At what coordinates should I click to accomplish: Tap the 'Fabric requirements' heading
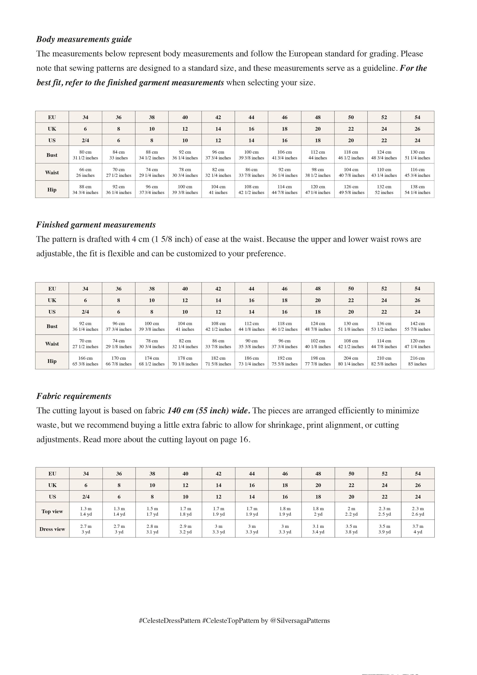(74, 396)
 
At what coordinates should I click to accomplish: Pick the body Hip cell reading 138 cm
(417, 190)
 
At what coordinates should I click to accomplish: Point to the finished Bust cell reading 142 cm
(417, 326)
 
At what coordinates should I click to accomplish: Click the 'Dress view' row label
(52, 529)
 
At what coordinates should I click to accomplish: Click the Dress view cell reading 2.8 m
(152, 529)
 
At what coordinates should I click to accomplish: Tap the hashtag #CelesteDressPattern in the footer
(170, 621)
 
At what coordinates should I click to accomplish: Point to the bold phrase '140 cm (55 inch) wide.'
(209, 411)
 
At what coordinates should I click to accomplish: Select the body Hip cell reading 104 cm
(218, 190)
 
